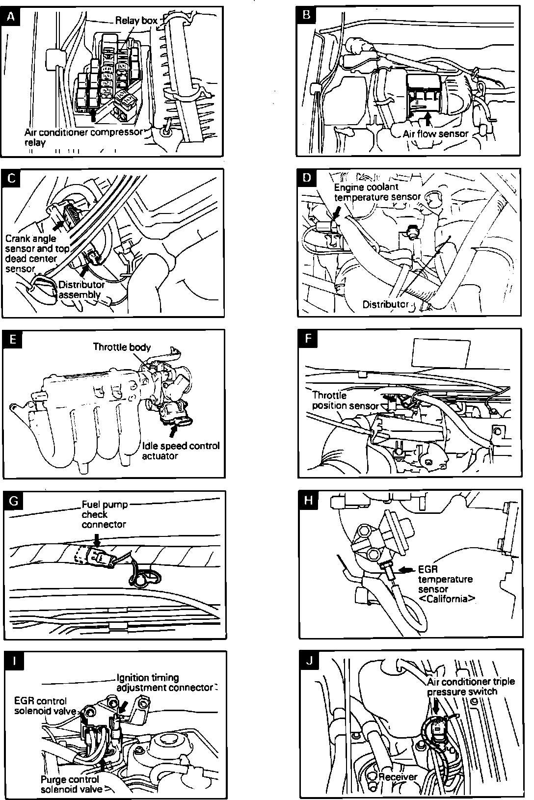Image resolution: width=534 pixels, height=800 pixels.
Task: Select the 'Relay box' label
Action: [136, 20]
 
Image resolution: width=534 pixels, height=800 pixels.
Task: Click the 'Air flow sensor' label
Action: [436, 133]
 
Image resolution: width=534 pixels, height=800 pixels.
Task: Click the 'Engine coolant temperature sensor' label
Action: [377, 192]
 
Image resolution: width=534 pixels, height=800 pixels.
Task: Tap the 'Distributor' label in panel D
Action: [385, 304]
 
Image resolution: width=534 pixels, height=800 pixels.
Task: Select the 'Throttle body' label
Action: [122, 347]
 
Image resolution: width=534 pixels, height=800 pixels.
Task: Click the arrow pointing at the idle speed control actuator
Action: [173, 431]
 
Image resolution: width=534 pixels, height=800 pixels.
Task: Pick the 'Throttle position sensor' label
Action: [345, 400]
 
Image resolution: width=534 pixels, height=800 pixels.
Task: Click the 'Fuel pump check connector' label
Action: [104, 514]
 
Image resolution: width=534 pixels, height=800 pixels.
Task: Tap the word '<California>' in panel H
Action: [447, 599]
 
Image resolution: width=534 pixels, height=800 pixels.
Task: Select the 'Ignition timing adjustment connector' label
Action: [165, 683]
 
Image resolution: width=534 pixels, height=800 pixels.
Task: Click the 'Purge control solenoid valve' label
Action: [72, 784]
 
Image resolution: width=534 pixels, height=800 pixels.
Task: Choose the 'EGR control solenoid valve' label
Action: [45, 706]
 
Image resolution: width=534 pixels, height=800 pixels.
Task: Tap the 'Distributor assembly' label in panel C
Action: [81, 290]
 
